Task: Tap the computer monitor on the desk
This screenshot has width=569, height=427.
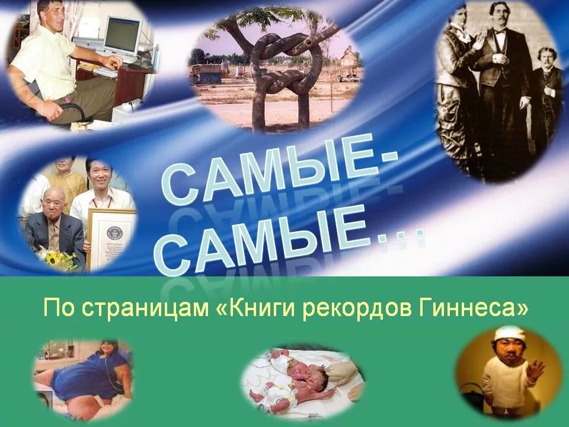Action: tap(122, 36)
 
